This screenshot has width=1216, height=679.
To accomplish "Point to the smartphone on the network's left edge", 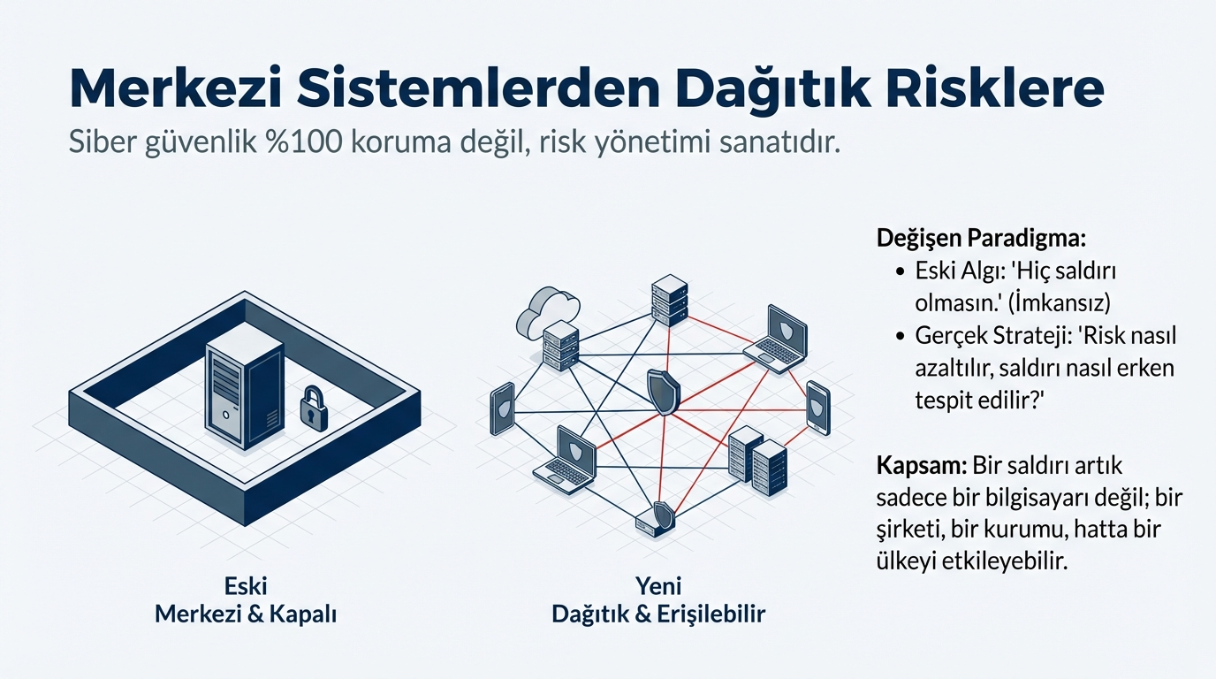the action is click(502, 408).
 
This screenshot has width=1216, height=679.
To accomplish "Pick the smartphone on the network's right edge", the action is click(818, 408).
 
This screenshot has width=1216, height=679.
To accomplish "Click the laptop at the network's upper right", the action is click(776, 339).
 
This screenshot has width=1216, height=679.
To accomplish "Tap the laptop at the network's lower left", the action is click(565, 460).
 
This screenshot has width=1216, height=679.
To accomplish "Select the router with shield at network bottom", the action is click(656, 520).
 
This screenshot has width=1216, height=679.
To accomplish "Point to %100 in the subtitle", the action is click(304, 141).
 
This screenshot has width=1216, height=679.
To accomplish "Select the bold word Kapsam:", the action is click(921, 466).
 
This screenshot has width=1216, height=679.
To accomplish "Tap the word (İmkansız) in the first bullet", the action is click(1059, 302).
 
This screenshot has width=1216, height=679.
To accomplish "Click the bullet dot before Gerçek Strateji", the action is click(901, 336).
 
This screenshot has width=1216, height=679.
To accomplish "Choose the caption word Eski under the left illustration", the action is click(246, 586).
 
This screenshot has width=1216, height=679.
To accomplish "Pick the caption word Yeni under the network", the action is click(658, 586).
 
